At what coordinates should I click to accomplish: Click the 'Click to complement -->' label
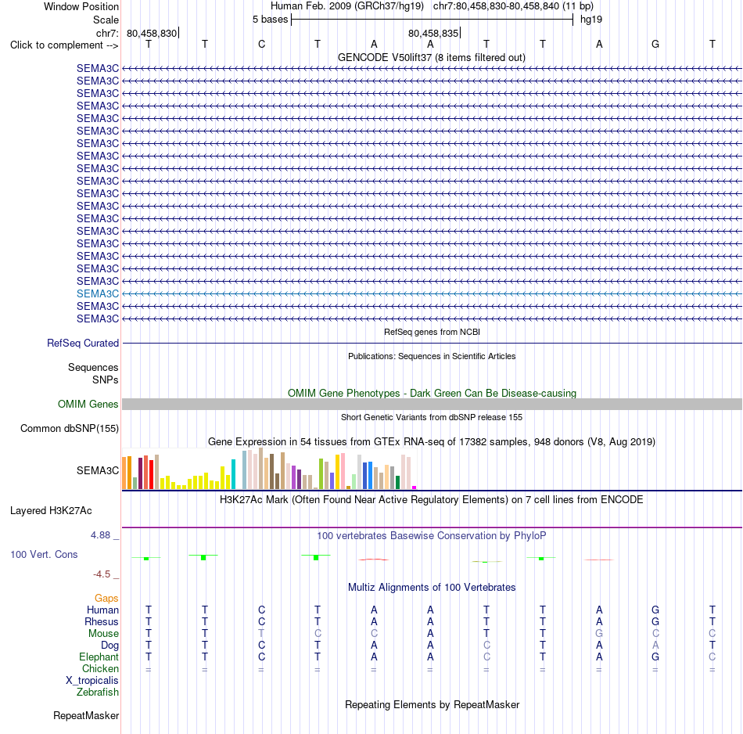64,45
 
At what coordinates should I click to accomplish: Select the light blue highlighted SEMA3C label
98,294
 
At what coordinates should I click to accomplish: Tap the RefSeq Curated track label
83,344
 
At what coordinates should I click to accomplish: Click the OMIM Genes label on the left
88,404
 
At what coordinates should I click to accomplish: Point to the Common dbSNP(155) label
70,429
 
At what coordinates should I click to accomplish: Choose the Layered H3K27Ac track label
51,511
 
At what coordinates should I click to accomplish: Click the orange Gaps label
106,599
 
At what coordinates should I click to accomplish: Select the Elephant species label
99,657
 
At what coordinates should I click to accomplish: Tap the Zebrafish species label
98,693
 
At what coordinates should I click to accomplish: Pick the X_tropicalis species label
92,681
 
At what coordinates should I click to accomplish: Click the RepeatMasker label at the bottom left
86,715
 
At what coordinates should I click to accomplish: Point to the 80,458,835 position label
433,33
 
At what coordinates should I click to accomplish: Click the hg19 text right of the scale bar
591,20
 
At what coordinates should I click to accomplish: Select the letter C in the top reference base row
261,44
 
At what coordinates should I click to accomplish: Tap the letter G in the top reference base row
655,44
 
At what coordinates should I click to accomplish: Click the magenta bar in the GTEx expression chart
415,488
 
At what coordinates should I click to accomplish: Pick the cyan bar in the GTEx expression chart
233,474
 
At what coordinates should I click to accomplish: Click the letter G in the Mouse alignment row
599,634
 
